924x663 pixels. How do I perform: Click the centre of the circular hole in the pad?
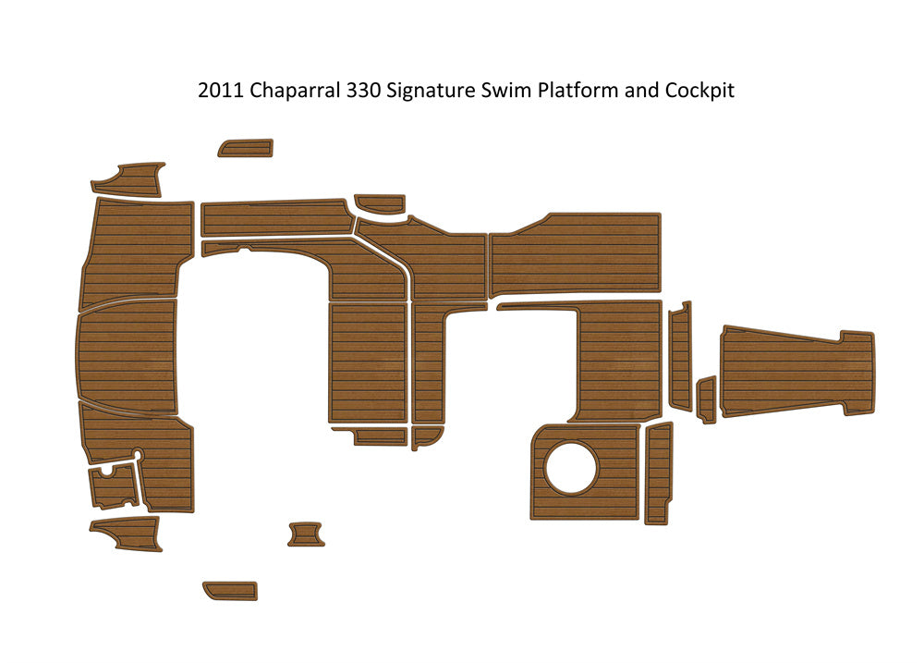[x=570, y=468]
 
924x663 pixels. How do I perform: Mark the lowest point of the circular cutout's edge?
[x=570, y=496]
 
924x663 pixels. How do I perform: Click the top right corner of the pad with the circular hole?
[x=640, y=424]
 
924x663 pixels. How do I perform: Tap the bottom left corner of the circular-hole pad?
[x=530, y=520]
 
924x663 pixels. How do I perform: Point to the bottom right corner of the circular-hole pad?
[x=639, y=520]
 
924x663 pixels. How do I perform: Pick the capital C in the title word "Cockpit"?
[x=671, y=91]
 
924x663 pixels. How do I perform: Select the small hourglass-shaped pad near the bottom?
[x=306, y=534]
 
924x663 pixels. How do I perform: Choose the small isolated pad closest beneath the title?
[x=246, y=147]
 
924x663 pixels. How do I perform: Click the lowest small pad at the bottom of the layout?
[x=230, y=591]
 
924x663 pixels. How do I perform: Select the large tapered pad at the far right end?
[x=797, y=372]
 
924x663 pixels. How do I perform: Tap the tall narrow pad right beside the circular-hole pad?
[x=659, y=473]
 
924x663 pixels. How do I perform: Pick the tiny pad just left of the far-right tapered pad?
[x=707, y=399]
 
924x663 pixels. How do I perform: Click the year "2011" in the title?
[x=221, y=91]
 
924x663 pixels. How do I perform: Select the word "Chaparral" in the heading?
[x=296, y=92]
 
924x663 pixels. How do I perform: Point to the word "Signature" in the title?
[x=431, y=92]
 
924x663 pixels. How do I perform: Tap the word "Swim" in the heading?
[x=505, y=91]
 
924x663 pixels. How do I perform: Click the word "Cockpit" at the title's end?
[x=700, y=92]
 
